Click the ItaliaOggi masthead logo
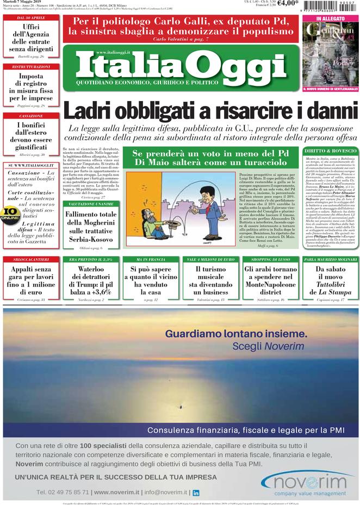[181, 65]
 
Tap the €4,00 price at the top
[288, 4]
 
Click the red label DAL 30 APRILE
[31, 18]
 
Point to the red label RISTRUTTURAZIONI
[31, 66]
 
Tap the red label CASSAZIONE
[31, 116]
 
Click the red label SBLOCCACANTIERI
[31, 260]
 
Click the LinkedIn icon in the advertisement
[196, 492]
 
